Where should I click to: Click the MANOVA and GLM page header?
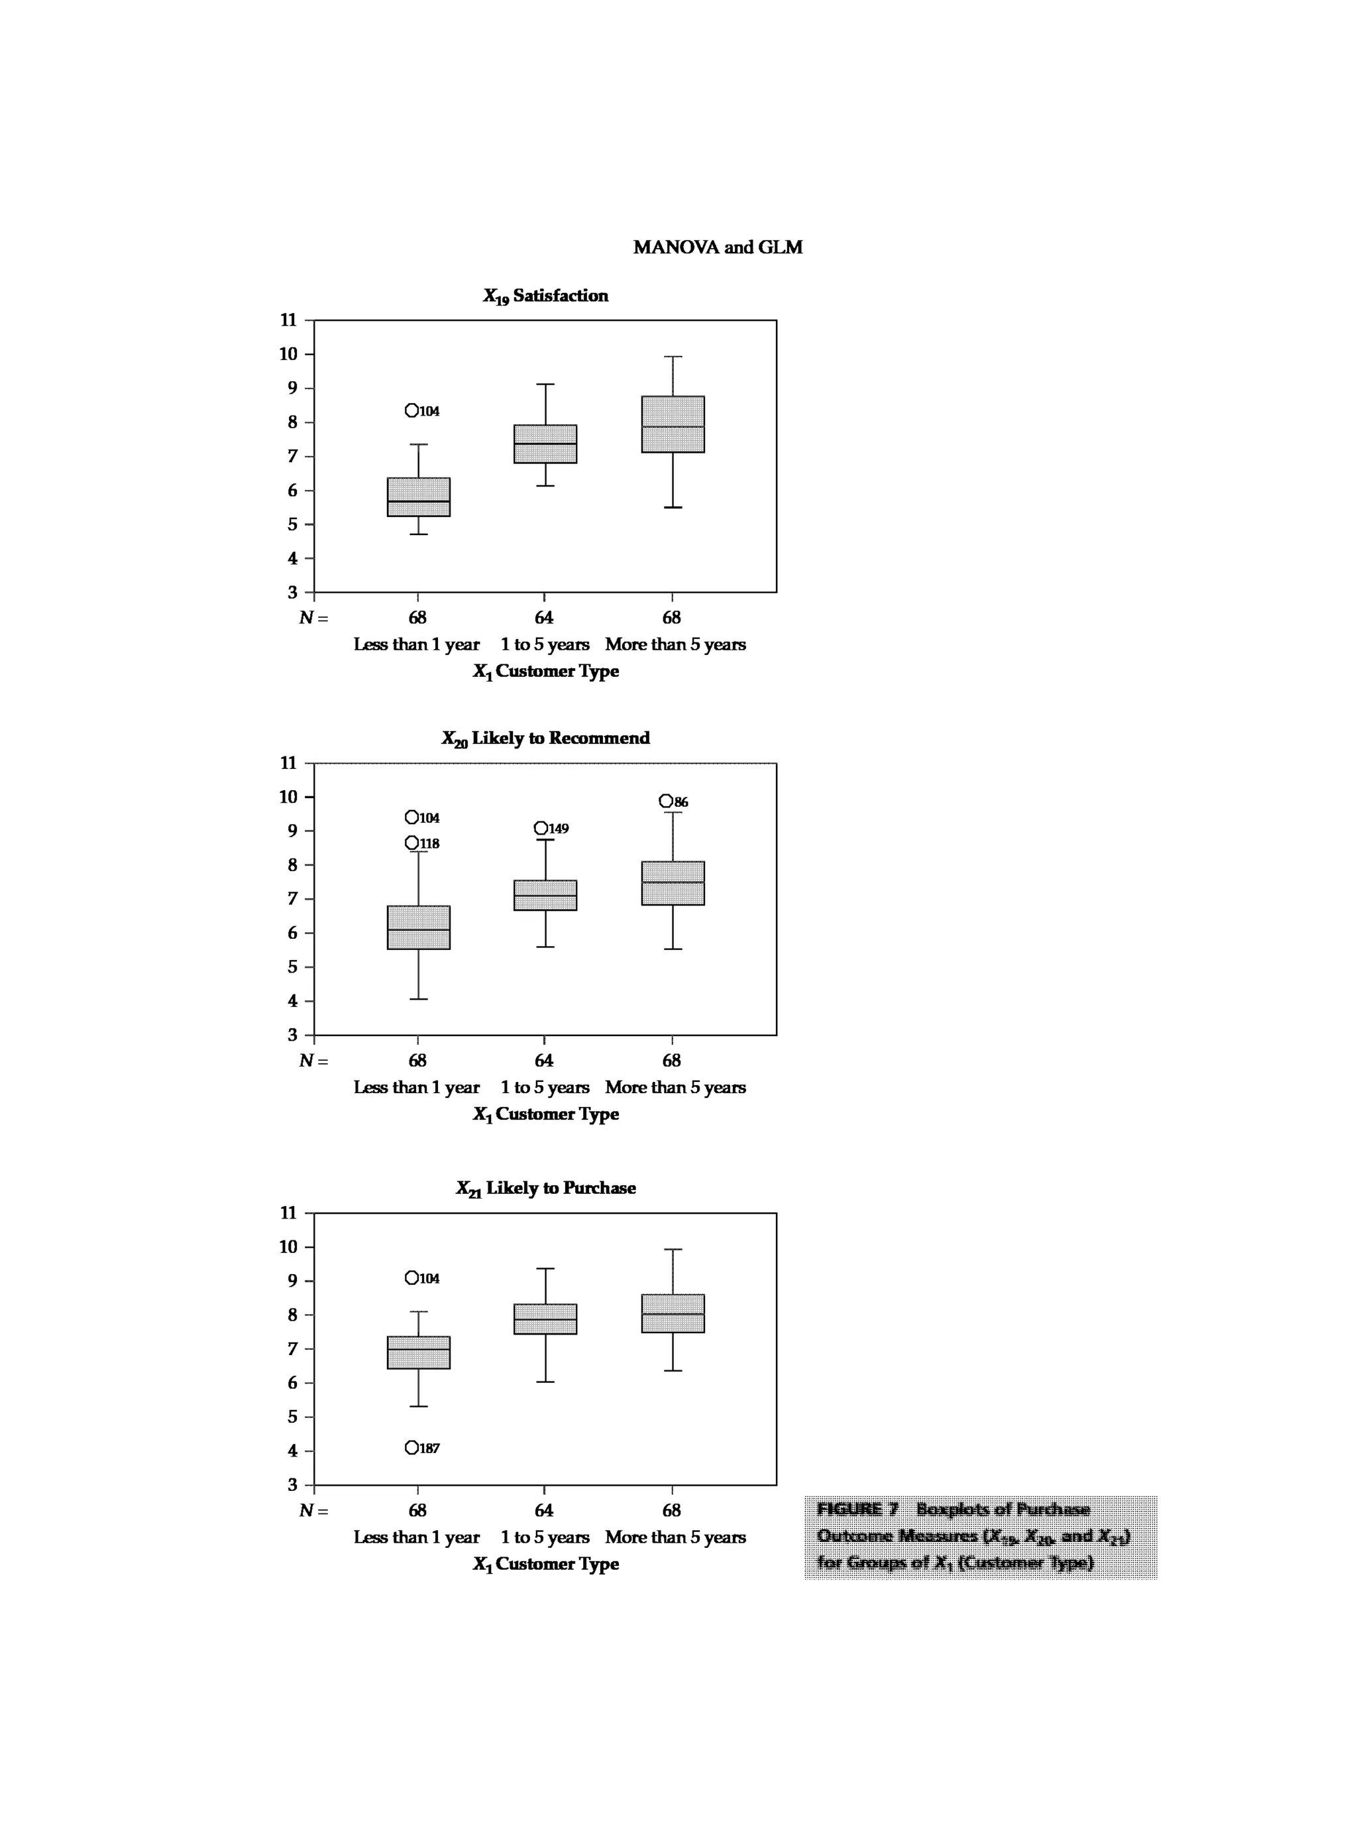717,247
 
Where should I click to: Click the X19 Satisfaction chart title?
545,296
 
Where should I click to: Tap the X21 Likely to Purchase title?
545,1188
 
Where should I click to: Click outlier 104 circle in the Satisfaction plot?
411,410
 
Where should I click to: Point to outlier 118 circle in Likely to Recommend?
411,843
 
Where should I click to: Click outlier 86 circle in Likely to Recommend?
666,801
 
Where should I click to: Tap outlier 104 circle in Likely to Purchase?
411,1277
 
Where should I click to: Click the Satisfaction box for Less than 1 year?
418,497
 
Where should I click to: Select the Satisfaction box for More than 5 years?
673,424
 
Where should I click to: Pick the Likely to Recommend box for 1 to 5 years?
545,895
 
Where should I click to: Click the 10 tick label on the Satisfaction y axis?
288,354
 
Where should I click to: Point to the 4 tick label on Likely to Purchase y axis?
292,1451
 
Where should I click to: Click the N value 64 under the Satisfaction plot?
544,617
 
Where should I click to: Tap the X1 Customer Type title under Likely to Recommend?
545,1114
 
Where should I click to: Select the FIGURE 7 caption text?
973,1535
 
